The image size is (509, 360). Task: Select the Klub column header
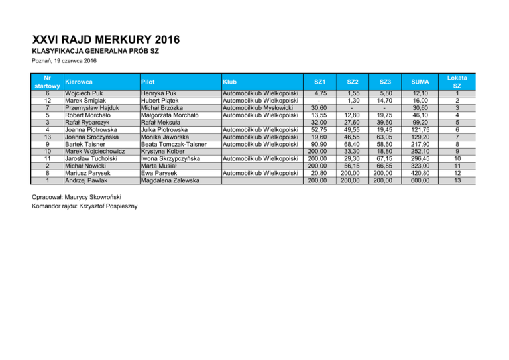click(x=232, y=82)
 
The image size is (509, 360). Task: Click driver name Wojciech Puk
click(x=83, y=93)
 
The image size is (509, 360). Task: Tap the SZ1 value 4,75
click(x=321, y=93)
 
